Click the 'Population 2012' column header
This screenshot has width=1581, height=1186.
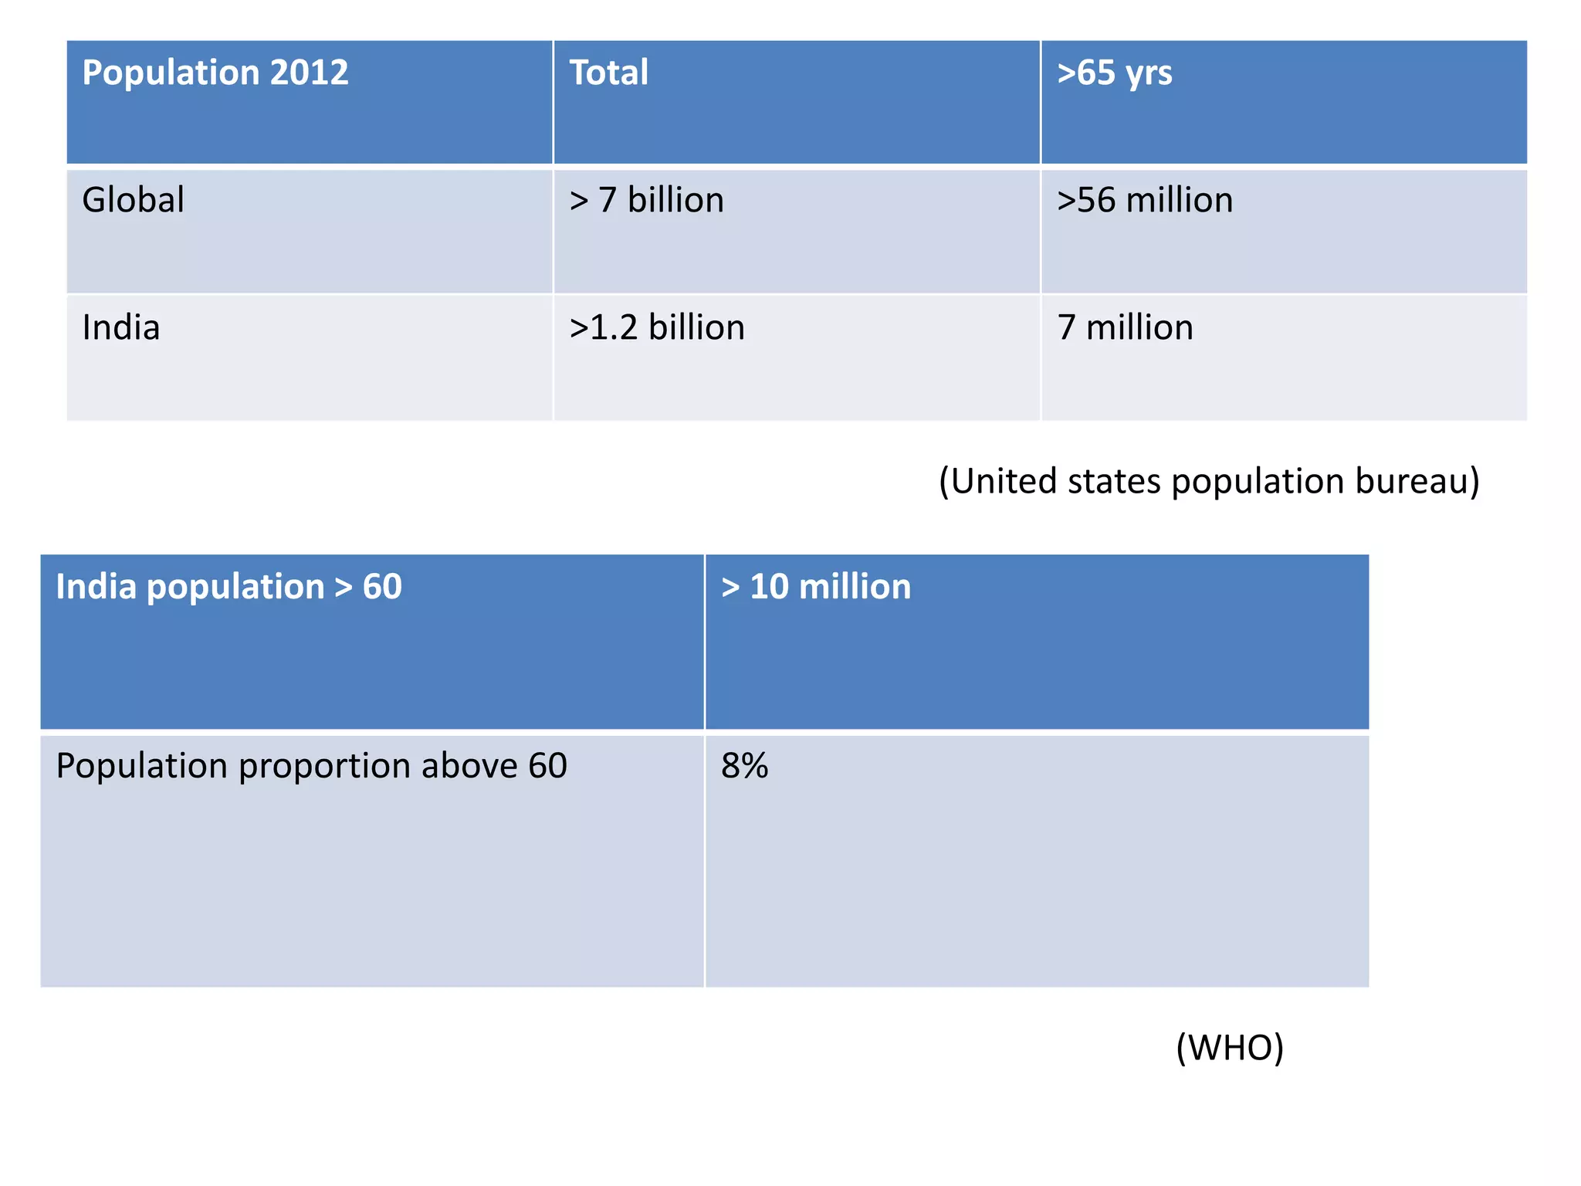(x=215, y=73)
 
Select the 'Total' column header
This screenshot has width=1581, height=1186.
(x=608, y=73)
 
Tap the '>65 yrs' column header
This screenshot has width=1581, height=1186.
(x=1114, y=73)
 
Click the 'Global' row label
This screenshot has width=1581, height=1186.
(x=133, y=200)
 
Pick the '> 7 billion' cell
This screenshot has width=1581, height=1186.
(x=646, y=200)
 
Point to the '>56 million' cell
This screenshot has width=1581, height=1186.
(x=1144, y=200)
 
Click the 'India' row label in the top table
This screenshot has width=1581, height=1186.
(x=121, y=327)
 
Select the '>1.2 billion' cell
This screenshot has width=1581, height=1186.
(x=656, y=327)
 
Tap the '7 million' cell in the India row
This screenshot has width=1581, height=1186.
(x=1125, y=327)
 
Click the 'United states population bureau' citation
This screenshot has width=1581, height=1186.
(x=1209, y=481)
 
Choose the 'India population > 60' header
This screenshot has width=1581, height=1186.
(x=229, y=587)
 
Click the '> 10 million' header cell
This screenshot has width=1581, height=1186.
(x=815, y=587)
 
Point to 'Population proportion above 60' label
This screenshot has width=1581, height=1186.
(x=311, y=766)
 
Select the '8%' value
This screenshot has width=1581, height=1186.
(x=744, y=766)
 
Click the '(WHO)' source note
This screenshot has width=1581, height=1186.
(x=1230, y=1048)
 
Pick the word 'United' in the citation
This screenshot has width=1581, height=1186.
(x=1002, y=481)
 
